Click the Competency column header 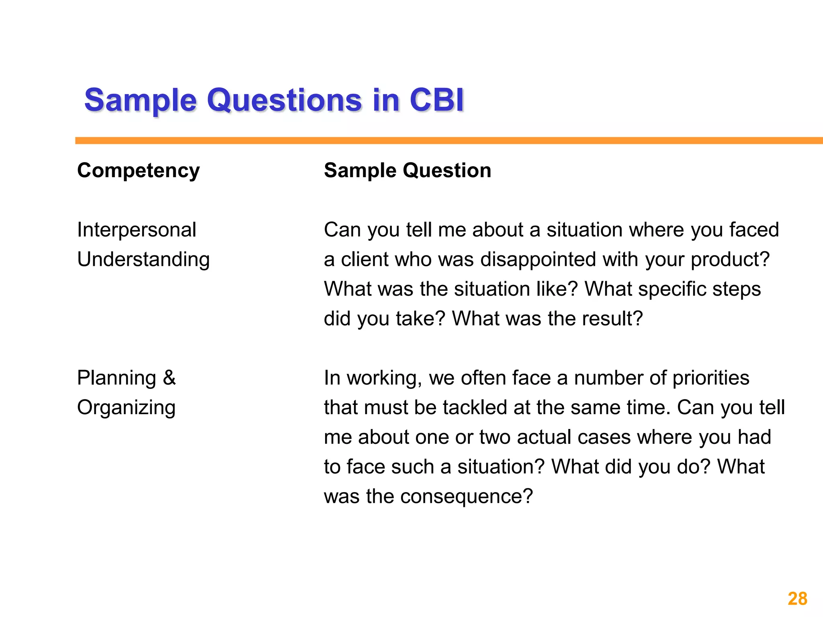pos(138,171)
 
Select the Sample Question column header pos(407,170)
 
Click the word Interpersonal pos(137,230)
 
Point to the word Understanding pos(143,259)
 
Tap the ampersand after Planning pos(169,378)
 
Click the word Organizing pos(126,408)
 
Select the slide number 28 pos(797,599)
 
